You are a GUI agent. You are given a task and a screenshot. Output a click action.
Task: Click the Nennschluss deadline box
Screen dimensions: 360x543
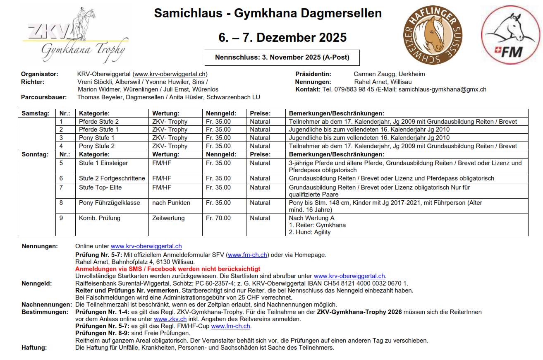[x=282, y=58]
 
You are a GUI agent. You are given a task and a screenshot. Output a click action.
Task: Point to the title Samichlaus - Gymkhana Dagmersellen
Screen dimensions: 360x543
[x=268, y=13]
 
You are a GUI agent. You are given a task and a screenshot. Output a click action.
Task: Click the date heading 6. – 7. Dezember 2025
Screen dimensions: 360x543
[x=282, y=38]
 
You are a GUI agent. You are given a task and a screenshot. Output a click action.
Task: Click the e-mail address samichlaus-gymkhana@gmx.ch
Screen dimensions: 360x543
[x=442, y=89]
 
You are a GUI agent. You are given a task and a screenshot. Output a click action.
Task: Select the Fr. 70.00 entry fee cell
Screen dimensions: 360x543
[x=218, y=218]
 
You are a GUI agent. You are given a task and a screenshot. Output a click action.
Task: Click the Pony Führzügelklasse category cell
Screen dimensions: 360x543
[x=109, y=203]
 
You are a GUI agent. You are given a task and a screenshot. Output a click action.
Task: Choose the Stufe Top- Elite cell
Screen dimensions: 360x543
[x=100, y=187]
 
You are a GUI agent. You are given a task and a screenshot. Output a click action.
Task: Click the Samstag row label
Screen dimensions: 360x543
[x=36, y=113]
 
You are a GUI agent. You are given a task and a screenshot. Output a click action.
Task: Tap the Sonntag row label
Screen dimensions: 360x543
[x=35, y=154]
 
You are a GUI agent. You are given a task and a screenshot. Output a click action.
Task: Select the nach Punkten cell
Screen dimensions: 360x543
[x=171, y=203]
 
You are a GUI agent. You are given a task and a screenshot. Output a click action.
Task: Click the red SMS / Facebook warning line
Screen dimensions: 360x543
[x=167, y=269]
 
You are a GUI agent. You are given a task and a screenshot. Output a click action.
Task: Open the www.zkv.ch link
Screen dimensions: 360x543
[x=170, y=319]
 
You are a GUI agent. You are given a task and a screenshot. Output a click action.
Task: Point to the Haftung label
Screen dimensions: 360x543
[x=34, y=348]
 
